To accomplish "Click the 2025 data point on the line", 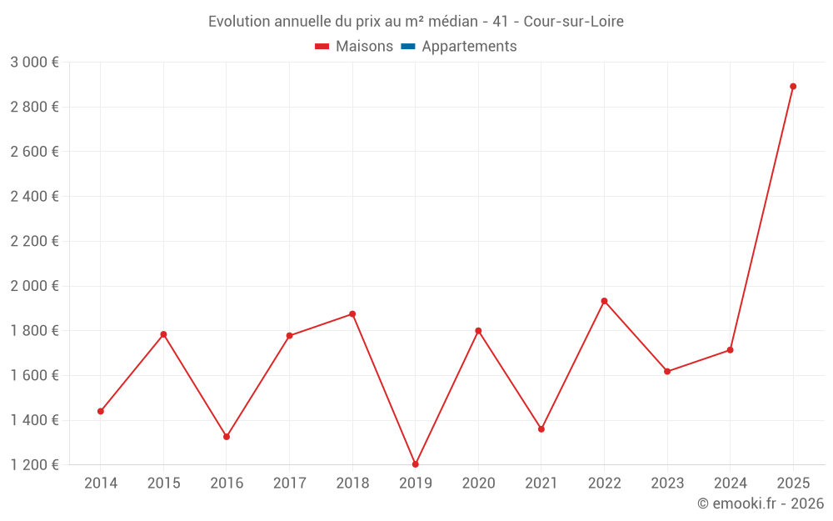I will coord(793,87).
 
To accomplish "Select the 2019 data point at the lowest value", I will coord(415,464).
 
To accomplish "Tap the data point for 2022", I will coord(604,301).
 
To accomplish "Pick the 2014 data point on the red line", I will coord(101,411).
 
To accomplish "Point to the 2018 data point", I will coord(352,314).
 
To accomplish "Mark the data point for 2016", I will coord(227,437).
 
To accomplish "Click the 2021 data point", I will coord(541,429).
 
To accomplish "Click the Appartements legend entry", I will coord(469,47).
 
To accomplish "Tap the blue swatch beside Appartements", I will coord(408,47).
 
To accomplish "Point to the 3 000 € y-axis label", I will coord(34,63).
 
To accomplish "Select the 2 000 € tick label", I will coord(34,286).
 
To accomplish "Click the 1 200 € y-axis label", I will coord(34,465).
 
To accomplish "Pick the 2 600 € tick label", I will coord(34,152).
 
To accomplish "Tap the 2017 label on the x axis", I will coord(289,483).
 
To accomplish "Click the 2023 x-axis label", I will coord(667,483).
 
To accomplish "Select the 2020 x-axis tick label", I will coord(478,483).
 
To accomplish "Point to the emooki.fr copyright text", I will coord(761,503).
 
